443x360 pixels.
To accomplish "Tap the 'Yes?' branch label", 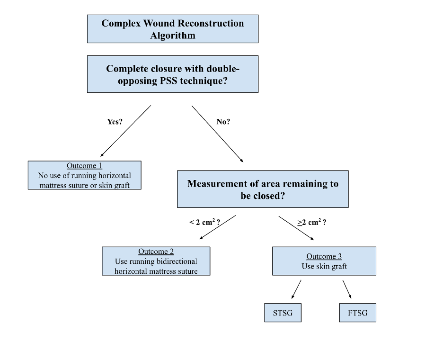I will (x=115, y=122).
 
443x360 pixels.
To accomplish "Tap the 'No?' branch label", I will (x=223, y=122).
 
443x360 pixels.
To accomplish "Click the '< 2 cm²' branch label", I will (x=204, y=222).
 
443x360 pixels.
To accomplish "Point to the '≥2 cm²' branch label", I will (x=311, y=222).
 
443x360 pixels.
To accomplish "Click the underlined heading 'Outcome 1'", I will (x=84, y=166).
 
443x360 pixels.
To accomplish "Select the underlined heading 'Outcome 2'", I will (x=156, y=252).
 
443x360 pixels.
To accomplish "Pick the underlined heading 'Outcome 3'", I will (x=324, y=257).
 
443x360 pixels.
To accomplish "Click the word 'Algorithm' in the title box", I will (x=173, y=35).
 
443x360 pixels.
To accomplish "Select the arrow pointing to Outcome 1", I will (x=125, y=131).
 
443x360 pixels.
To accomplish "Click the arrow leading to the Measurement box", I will (x=218, y=134).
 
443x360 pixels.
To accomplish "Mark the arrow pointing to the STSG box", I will (x=296, y=289).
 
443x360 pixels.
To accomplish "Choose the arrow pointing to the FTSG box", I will (x=346, y=289).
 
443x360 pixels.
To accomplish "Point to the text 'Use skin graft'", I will (x=324, y=266).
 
